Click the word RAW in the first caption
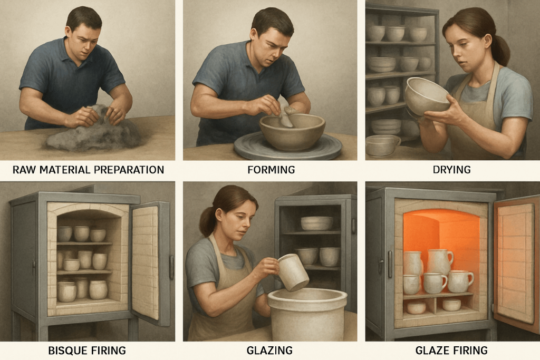pos(24,170)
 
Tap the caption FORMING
pos(271,170)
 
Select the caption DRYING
pos(451,170)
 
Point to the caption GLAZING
pos(269,351)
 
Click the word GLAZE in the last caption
pos(432,351)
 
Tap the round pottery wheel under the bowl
pos(288,147)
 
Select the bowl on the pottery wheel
pos(292,131)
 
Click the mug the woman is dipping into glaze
pos(293,272)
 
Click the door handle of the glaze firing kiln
pos(390,264)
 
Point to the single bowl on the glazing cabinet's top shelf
pos(316,223)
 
